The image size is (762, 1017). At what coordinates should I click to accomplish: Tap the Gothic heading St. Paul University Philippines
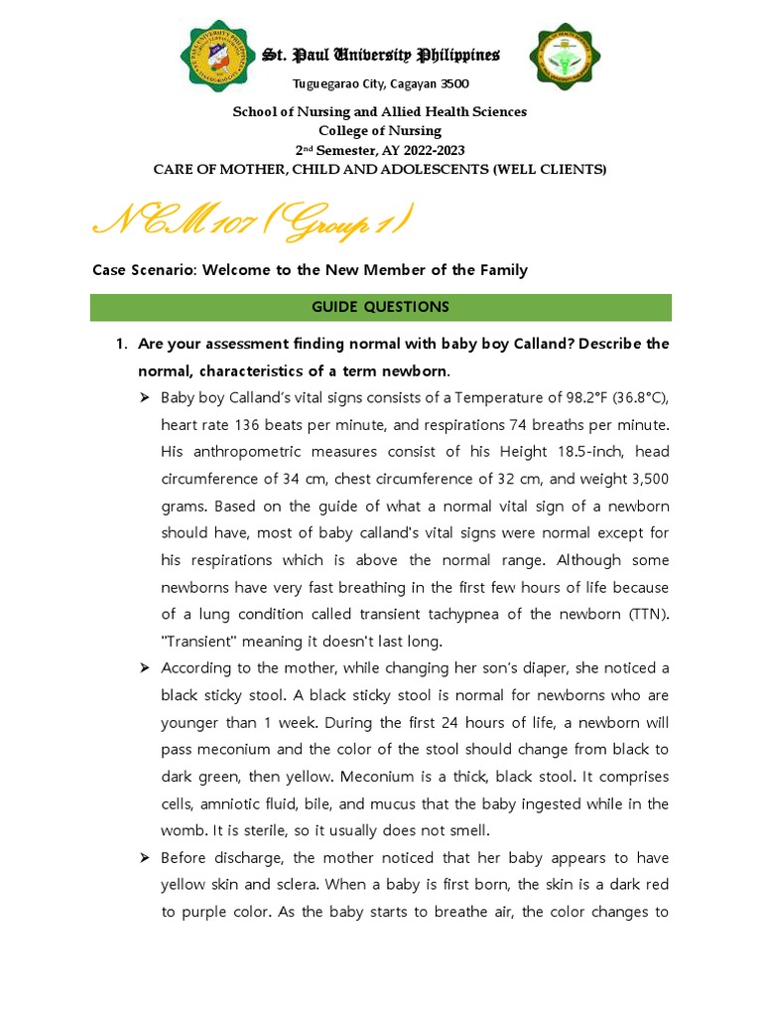click(380, 55)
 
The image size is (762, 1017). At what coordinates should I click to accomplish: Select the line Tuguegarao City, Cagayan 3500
click(380, 83)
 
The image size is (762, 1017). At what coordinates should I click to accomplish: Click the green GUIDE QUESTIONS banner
click(380, 307)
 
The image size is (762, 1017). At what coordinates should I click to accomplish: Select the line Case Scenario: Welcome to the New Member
click(310, 270)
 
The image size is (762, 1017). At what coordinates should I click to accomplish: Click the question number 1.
click(120, 344)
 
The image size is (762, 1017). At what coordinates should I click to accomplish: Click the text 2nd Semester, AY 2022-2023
click(380, 150)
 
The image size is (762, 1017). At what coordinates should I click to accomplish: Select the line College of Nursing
click(380, 131)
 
